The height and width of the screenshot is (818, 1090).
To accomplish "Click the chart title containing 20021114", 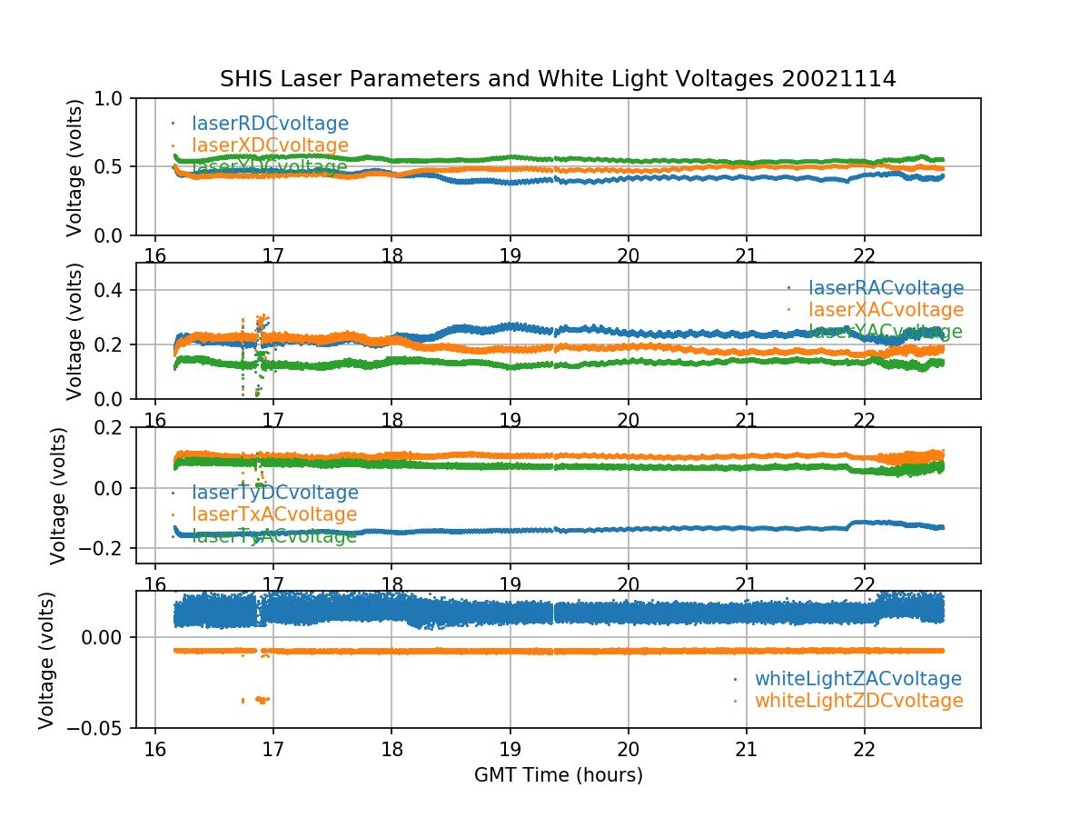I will click(558, 79).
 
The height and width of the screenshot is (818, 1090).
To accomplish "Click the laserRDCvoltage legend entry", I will click(270, 124).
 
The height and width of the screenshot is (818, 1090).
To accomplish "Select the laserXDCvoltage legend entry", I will click(270, 145).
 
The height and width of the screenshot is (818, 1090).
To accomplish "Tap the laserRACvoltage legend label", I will click(886, 288).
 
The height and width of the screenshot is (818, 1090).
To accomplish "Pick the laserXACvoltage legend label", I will click(886, 310).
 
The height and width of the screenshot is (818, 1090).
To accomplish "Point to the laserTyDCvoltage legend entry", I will click(274, 493).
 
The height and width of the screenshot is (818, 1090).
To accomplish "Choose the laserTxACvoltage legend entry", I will click(274, 514).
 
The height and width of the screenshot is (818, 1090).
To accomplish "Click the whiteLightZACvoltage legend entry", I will click(857, 679).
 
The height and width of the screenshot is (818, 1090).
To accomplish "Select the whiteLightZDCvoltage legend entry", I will click(858, 701).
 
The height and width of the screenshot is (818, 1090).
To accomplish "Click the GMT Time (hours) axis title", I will click(558, 775).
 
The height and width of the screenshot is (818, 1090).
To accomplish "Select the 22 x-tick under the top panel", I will click(864, 254).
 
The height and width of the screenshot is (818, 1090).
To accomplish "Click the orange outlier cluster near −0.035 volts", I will click(262, 699).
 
